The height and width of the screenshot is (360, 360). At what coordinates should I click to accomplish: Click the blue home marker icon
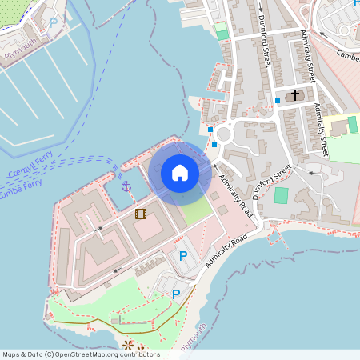[x=179, y=172]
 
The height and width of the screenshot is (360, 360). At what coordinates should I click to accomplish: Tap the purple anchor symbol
[x=126, y=186]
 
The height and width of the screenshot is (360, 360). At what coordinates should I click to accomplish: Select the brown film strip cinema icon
[x=141, y=214]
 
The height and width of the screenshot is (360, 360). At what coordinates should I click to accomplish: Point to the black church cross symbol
[x=295, y=95]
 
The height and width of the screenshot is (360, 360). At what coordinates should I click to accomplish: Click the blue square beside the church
[x=277, y=101]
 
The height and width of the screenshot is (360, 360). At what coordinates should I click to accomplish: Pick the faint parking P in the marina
[x=54, y=22]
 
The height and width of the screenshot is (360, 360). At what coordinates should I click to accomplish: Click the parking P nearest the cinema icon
[x=183, y=256]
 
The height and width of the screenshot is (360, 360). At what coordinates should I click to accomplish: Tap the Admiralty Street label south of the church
[x=321, y=129]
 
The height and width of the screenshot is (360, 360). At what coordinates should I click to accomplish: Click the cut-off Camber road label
[x=348, y=55]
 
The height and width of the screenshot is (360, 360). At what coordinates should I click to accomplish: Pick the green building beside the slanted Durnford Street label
[x=281, y=195]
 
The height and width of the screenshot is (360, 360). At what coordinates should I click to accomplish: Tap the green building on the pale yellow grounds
[x=353, y=124]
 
